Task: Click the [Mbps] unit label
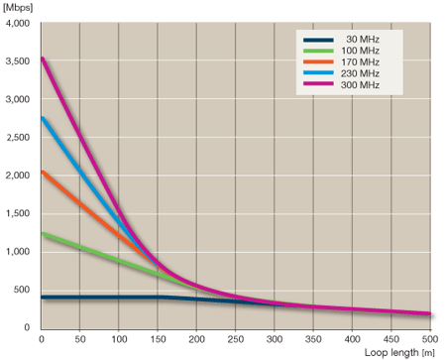tap(19, 8)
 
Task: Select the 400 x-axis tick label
tap(354, 338)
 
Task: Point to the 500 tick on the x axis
tap(431, 338)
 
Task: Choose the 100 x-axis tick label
tap(119, 338)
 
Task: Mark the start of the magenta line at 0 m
tap(42, 59)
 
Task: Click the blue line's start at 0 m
tap(42, 118)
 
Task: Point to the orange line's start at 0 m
tap(42, 172)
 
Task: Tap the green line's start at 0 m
tap(42, 233)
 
